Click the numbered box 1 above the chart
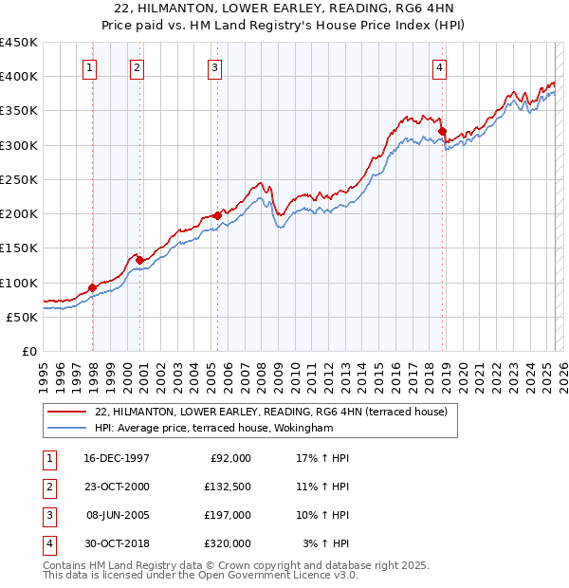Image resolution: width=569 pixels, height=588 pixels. point(89,66)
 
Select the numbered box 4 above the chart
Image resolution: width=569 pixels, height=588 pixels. point(440,66)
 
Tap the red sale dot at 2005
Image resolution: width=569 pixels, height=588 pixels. point(217,215)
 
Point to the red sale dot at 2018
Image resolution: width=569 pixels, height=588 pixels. point(443,131)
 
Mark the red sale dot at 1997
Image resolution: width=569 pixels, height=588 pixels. point(92,287)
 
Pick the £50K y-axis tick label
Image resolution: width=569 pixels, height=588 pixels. point(23,317)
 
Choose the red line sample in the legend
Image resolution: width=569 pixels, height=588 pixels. point(66,412)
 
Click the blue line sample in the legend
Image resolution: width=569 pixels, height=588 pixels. point(66,428)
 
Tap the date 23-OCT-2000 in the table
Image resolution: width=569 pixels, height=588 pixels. point(117,487)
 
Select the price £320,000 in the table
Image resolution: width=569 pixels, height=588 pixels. point(228,543)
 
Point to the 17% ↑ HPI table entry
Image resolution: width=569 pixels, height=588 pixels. point(323,458)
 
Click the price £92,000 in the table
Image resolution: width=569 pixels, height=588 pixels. point(230,458)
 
